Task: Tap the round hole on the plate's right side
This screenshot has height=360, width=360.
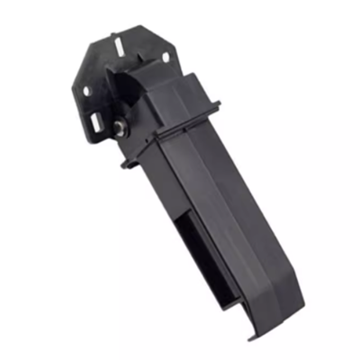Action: click(165, 58)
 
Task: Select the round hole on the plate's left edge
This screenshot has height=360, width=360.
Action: click(86, 91)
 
